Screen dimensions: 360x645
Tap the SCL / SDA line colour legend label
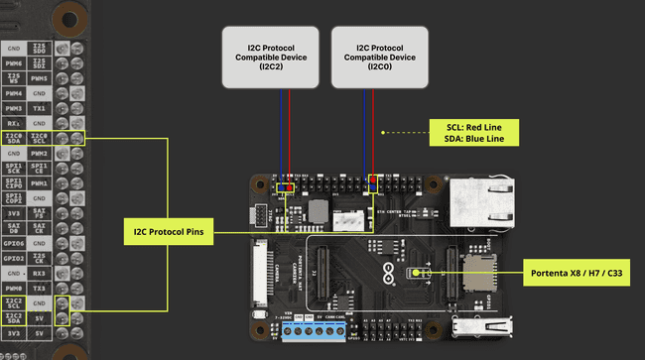coord(474,133)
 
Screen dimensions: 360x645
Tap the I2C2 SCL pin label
coord(14,303)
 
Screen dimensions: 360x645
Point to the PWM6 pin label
coord(14,62)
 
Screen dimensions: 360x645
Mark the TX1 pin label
coord(40,107)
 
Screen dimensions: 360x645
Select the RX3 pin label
coord(40,272)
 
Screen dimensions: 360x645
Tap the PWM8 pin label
coord(14,288)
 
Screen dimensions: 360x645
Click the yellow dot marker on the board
coord(417,271)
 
